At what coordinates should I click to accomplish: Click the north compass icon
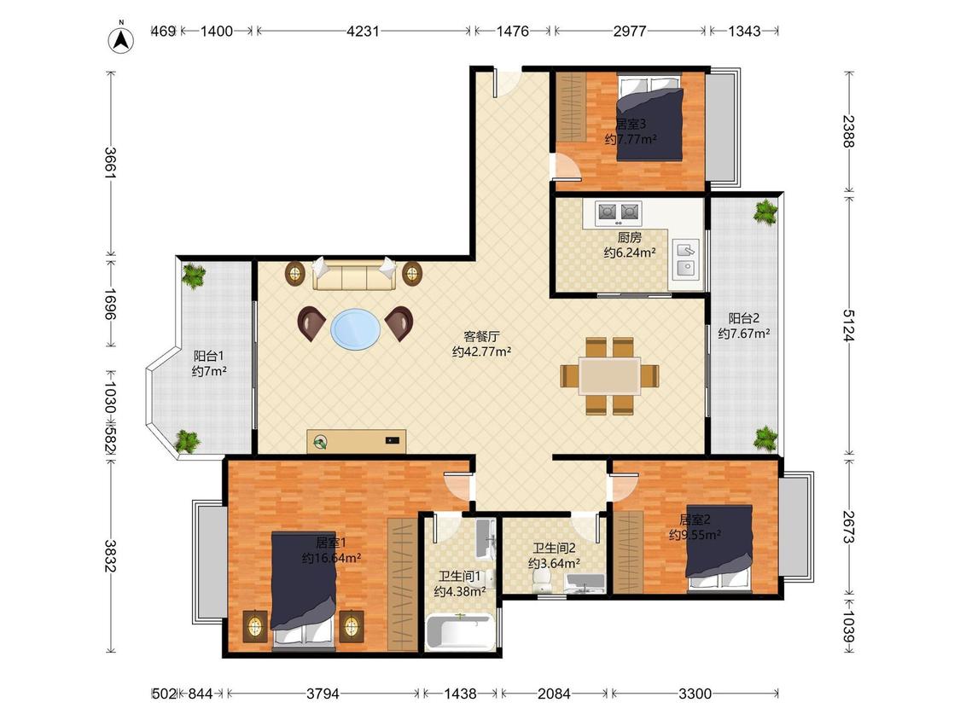(x=121, y=38)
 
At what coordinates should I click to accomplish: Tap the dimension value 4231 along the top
(x=363, y=31)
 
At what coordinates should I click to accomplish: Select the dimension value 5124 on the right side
(x=848, y=324)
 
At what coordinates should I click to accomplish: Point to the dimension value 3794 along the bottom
(x=323, y=694)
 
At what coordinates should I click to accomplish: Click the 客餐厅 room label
(x=481, y=336)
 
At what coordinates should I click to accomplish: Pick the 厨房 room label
(x=630, y=237)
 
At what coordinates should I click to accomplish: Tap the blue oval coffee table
(x=355, y=328)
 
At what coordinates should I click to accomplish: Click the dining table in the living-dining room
(x=610, y=375)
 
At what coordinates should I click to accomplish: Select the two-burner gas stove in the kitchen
(x=619, y=212)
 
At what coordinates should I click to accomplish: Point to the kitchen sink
(x=686, y=259)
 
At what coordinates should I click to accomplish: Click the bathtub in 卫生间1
(x=460, y=632)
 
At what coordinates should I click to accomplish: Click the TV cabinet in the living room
(x=357, y=441)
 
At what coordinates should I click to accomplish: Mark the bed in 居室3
(x=649, y=118)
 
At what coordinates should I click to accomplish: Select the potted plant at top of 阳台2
(x=765, y=212)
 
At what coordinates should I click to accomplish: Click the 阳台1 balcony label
(x=209, y=356)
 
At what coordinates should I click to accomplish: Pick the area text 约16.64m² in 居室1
(x=331, y=558)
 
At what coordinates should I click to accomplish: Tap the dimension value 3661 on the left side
(x=111, y=162)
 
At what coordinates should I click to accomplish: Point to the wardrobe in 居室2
(x=628, y=552)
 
